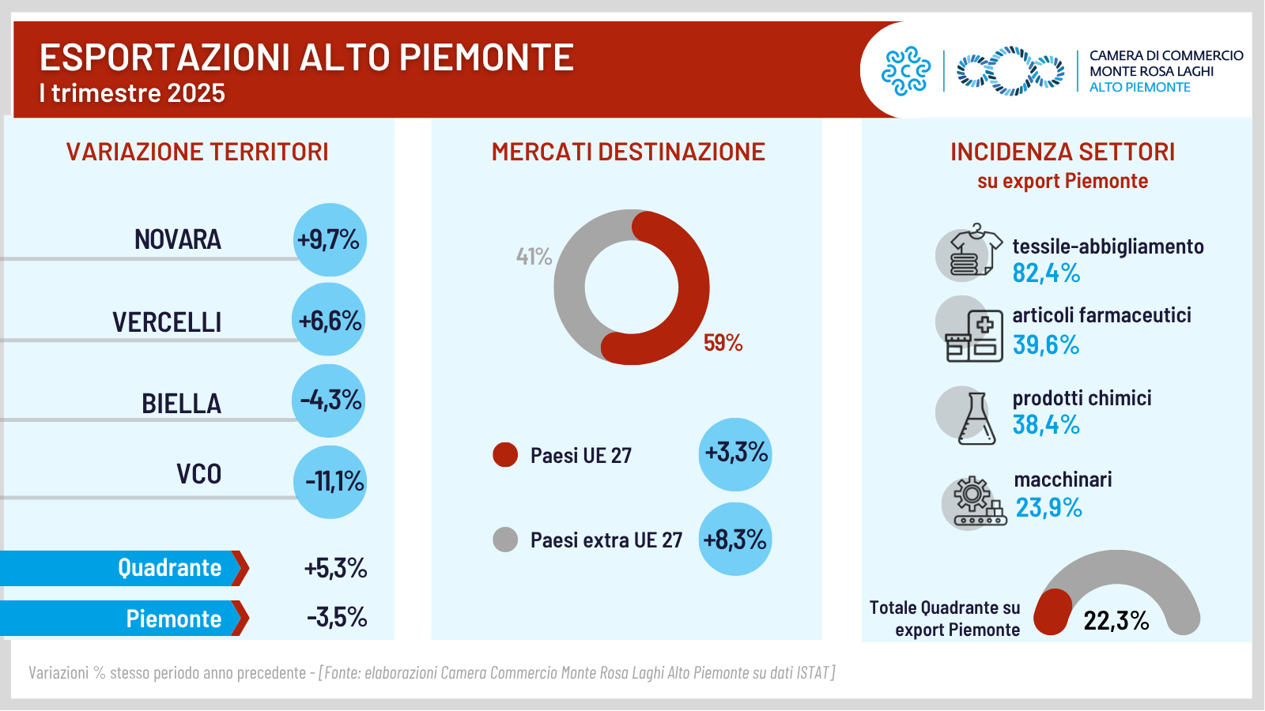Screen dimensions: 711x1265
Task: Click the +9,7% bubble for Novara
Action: tap(330, 239)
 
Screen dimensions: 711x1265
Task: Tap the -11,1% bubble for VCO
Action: tap(330, 482)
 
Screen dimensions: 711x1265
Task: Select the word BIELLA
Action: tap(181, 404)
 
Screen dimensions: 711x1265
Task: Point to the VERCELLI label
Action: tap(167, 322)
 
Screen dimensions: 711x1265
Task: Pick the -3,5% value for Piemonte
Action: tap(337, 617)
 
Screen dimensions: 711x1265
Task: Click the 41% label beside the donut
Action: tap(534, 257)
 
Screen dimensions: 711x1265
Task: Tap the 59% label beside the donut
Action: tap(723, 343)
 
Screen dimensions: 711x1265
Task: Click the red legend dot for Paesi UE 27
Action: tap(505, 455)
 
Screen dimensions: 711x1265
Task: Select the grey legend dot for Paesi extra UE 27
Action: tap(505, 540)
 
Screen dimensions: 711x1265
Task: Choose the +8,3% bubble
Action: tap(735, 540)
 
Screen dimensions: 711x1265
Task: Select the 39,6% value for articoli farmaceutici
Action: tap(1046, 345)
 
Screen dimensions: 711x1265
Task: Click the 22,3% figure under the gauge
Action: tap(1116, 621)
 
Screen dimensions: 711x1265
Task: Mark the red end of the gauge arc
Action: tap(1053, 612)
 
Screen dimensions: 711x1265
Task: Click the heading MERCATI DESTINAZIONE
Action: tap(628, 152)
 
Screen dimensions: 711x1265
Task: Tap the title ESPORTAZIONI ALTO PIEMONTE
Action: tap(307, 58)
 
